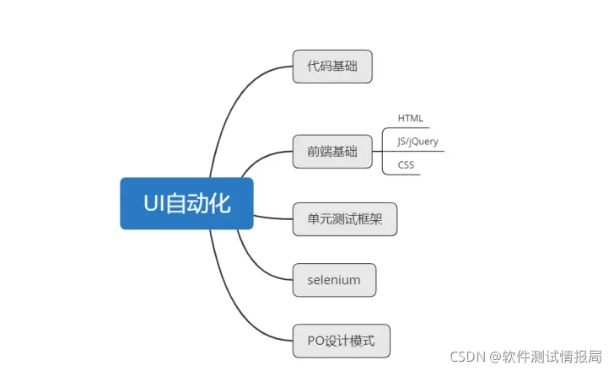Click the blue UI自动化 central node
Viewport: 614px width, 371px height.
click(186, 203)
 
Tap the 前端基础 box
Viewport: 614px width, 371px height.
click(332, 152)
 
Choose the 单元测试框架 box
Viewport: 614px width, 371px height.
click(344, 218)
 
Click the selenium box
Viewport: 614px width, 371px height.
click(334, 280)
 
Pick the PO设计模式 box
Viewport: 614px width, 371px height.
click(341, 341)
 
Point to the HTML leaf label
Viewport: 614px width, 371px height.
click(411, 118)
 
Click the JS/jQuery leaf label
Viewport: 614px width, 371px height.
click(417, 142)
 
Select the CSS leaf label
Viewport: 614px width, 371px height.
click(406, 165)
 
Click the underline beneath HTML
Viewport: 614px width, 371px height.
click(412, 127)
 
